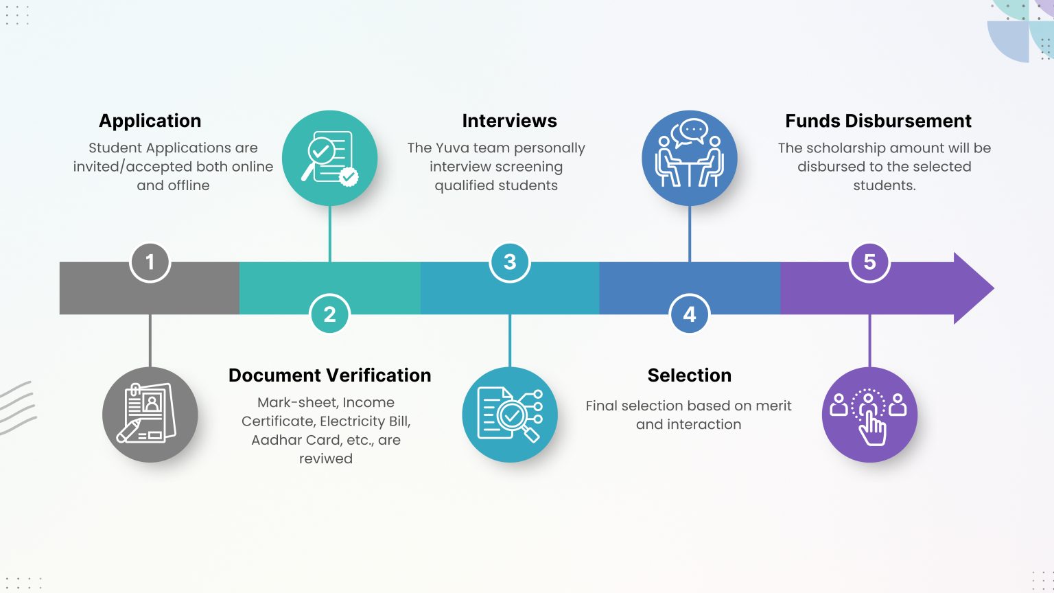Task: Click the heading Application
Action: click(150, 121)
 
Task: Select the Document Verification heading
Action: click(329, 375)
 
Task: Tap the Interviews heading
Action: click(510, 121)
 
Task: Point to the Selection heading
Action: click(690, 375)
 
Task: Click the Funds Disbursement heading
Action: click(878, 121)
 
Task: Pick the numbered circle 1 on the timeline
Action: click(150, 262)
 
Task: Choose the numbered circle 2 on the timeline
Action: click(329, 314)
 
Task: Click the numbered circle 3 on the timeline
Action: click(510, 262)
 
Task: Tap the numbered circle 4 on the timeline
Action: click(690, 314)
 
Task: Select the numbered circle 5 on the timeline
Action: click(869, 262)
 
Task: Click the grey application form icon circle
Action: click(150, 415)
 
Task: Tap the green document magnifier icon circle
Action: click(329, 158)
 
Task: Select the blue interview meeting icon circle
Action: click(690, 158)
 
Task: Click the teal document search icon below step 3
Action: click(510, 415)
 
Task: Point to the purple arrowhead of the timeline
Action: click(972, 288)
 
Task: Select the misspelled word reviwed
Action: click(326, 458)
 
